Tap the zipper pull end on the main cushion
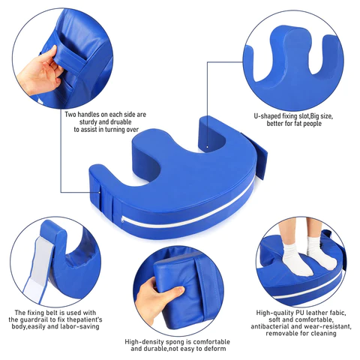[x=122, y=220]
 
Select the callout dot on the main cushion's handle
[x=100, y=192]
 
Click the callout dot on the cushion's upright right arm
[x=207, y=147]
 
